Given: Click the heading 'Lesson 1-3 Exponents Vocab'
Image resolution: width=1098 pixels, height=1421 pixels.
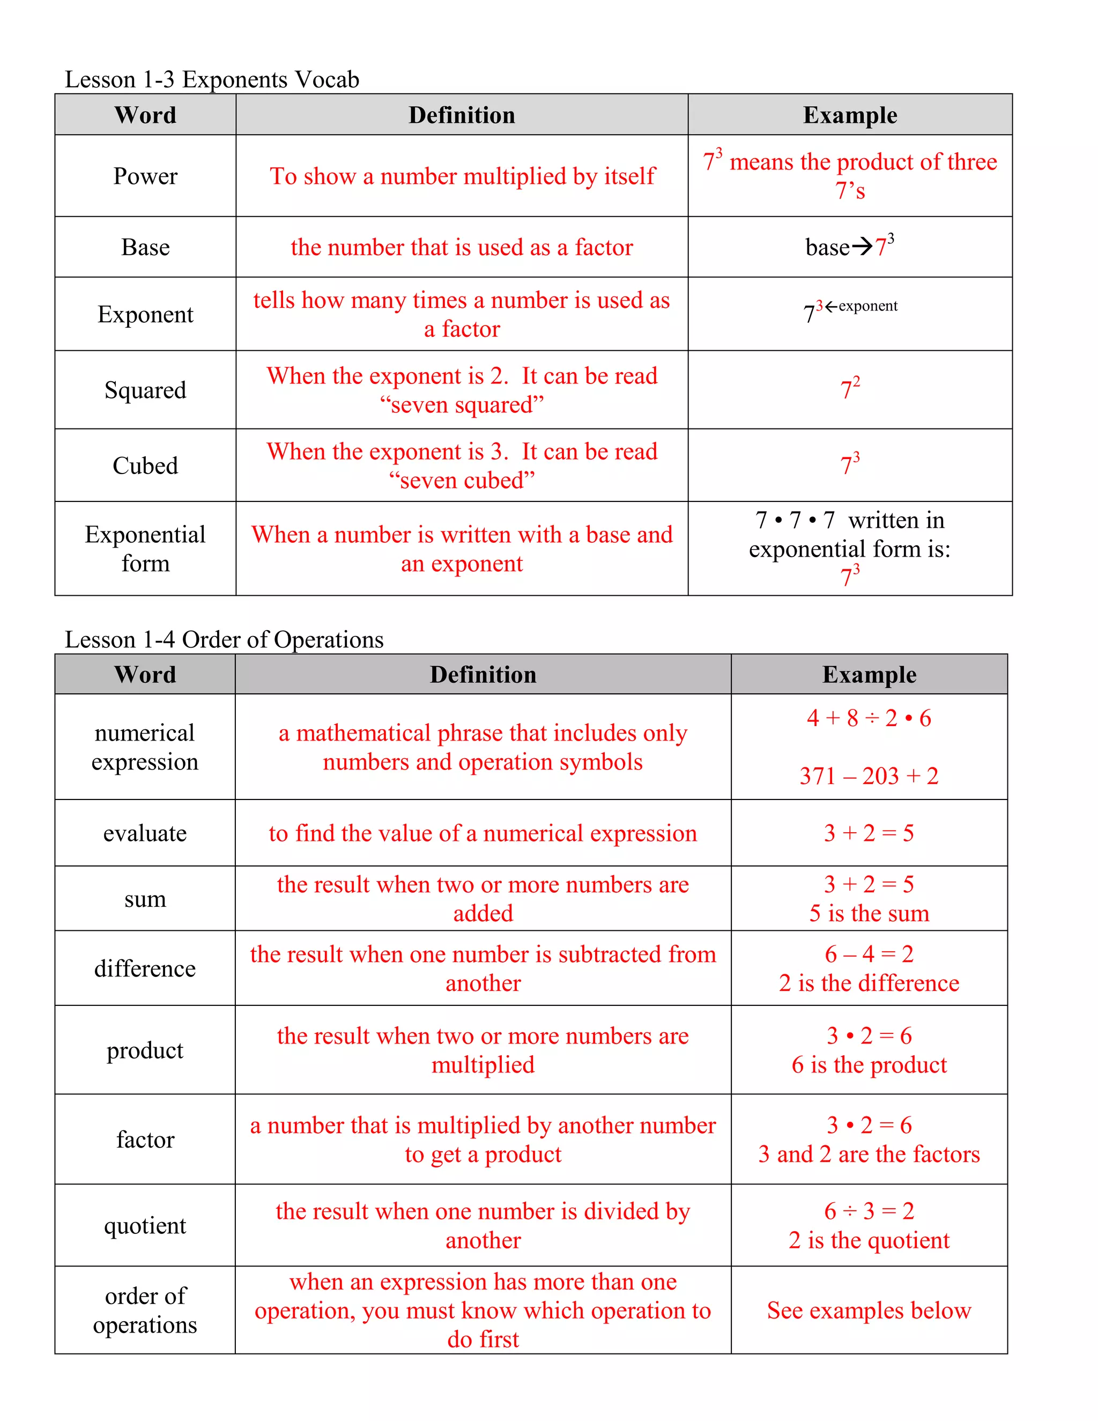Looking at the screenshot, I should click(x=212, y=79).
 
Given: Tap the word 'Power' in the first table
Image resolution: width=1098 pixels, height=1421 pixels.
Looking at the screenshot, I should click(x=145, y=176).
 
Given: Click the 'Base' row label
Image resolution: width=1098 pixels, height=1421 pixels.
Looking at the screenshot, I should click(x=145, y=247).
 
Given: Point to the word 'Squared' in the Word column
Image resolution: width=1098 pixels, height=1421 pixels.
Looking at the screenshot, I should click(x=145, y=390).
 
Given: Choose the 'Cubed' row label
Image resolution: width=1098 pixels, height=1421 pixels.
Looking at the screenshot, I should click(x=145, y=465).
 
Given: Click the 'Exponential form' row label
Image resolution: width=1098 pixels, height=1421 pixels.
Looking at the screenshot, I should click(x=145, y=549).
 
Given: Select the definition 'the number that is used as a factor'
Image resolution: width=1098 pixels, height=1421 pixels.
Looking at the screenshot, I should click(x=461, y=247).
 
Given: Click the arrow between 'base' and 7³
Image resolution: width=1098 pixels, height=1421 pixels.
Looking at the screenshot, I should click(x=862, y=247).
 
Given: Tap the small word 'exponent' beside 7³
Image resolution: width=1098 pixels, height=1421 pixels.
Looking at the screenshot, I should click(x=868, y=306).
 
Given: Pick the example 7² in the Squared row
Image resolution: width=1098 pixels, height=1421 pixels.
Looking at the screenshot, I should click(x=850, y=388).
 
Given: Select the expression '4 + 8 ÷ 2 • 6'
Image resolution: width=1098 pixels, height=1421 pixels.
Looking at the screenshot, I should click(x=869, y=719).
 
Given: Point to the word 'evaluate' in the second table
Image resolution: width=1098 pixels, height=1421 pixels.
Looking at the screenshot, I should click(x=145, y=833).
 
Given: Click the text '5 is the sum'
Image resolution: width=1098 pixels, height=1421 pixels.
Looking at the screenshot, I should click(x=869, y=914).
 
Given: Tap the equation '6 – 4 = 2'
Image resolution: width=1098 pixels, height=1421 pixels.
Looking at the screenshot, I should click(x=869, y=954).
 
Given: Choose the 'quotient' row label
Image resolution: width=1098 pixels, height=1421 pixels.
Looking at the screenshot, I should click(x=145, y=1226).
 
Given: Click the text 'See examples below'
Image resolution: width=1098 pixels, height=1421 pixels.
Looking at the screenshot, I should click(x=869, y=1311).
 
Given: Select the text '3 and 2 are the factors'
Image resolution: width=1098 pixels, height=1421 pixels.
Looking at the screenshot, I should click(x=869, y=1154).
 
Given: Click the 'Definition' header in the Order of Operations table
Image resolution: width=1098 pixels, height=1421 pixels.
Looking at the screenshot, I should click(x=483, y=675).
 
